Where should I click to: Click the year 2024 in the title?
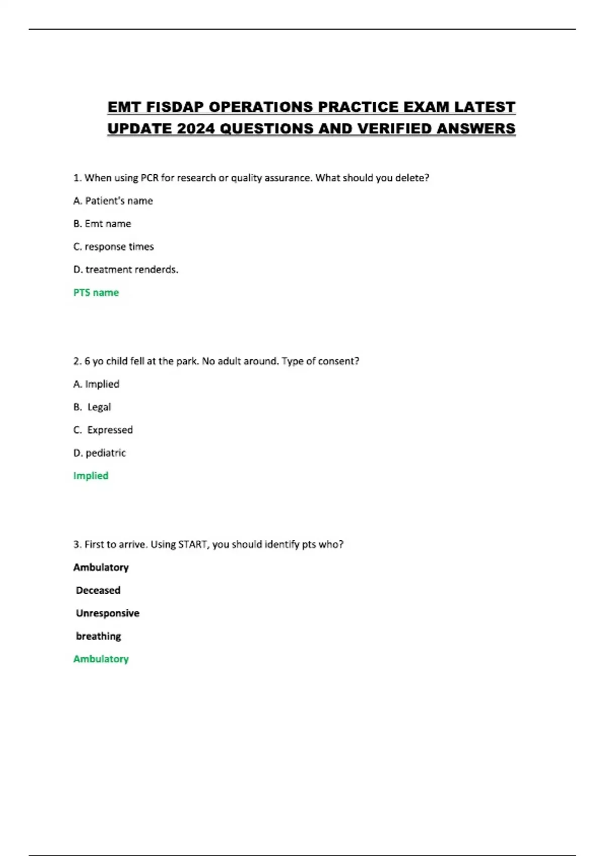click(196, 129)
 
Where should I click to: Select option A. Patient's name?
click(113, 201)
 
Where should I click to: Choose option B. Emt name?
click(102, 224)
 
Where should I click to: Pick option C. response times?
click(113, 247)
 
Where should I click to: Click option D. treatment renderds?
click(126, 269)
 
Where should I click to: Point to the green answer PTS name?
click(96, 293)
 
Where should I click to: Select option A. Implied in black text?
click(96, 384)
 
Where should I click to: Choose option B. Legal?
click(93, 407)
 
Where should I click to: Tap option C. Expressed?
click(103, 430)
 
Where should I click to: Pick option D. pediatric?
click(100, 453)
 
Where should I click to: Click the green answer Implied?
click(91, 476)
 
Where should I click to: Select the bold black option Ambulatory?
click(101, 567)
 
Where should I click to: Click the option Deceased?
click(98, 590)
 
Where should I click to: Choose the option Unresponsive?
click(107, 613)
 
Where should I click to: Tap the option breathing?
click(98, 636)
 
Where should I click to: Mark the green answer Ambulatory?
click(101, 659)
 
